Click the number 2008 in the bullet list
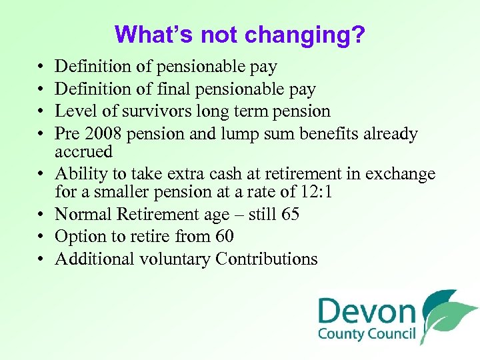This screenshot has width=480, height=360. pyautogui.click(x=105, y=134)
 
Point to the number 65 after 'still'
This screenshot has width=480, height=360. pyautogui.click(x=290, y=215)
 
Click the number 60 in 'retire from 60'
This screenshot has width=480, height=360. pyautogui.click(x=225, y=237)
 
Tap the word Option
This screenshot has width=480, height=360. pyautogui.click(x=78, y=237)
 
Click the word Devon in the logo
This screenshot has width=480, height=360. pyautogui.click(x=367, y=311)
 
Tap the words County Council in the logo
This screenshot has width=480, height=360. pyautogui.click(x=366, y=335)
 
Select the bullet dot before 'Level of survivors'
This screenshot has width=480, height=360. pyautogui.click(x=40, y=111)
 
